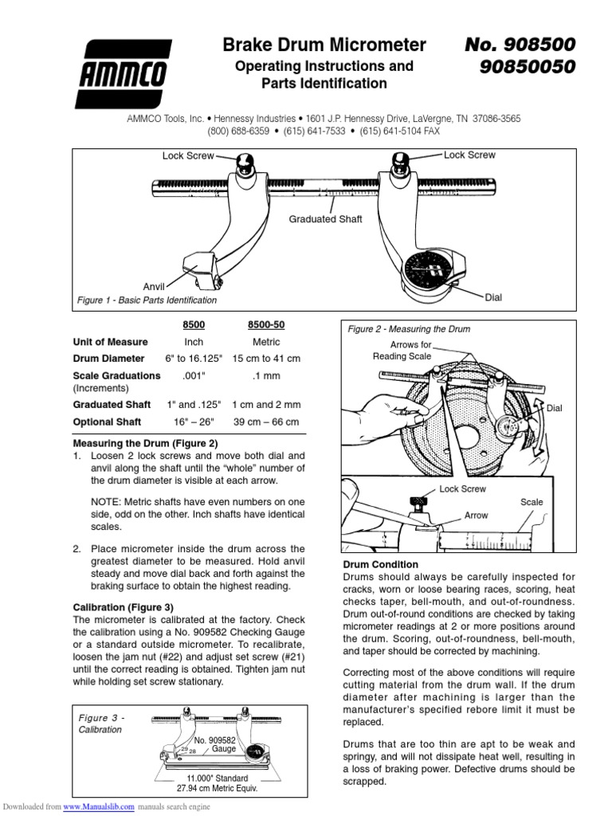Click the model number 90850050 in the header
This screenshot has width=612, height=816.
tap(526, 67)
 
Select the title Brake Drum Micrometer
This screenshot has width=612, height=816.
tap(324, 45)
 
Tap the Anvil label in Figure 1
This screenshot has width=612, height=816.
tap(154, 285)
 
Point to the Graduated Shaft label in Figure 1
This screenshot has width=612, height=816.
tap(325, 219)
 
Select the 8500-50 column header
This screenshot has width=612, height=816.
tap(265, 326)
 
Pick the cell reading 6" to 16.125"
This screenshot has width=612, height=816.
tap(194, 359)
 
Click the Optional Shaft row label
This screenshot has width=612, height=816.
tap(107, 422)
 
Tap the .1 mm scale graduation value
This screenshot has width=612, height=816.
tap(265, 375)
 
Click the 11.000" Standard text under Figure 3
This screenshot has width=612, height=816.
tap(218, 778)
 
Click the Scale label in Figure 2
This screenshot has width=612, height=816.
tap(532, 503)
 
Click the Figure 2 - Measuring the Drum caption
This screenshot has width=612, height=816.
tap(408, 329)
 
